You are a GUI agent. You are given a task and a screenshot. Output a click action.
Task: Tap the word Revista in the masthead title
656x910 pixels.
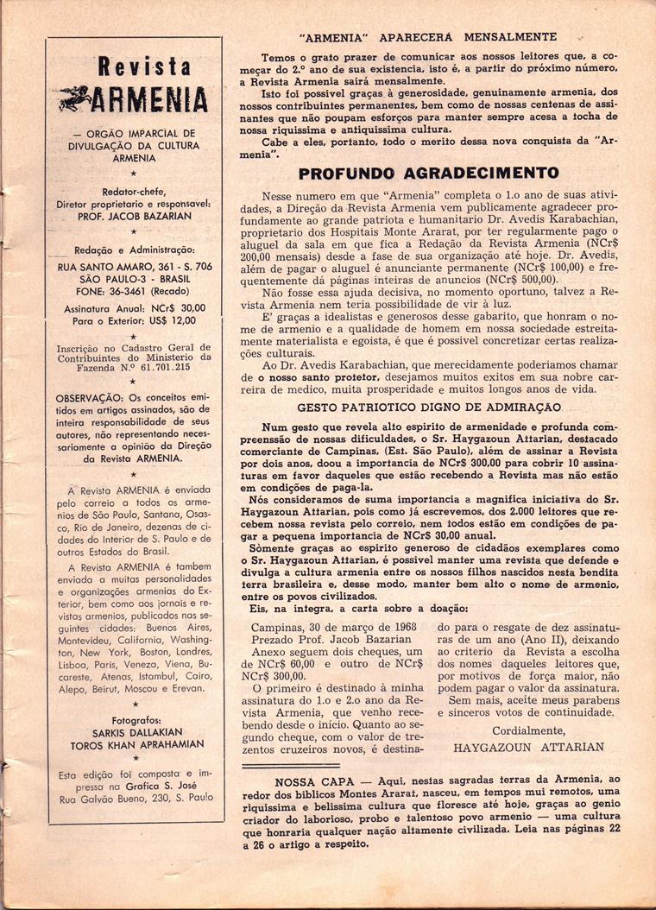point(144,66)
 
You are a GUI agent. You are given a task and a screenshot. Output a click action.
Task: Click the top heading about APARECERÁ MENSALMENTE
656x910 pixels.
point(427,37)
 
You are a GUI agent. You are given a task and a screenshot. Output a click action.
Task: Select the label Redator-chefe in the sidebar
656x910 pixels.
point(135,193)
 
